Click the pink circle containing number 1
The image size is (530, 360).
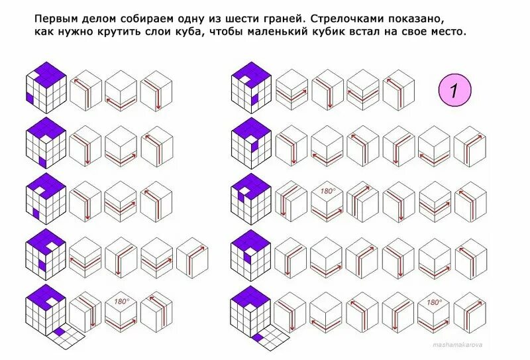[454, 91]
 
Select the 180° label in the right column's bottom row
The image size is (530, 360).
[434, 302]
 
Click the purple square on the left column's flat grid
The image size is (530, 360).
[59, 332]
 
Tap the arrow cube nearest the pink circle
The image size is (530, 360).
[398, 90]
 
